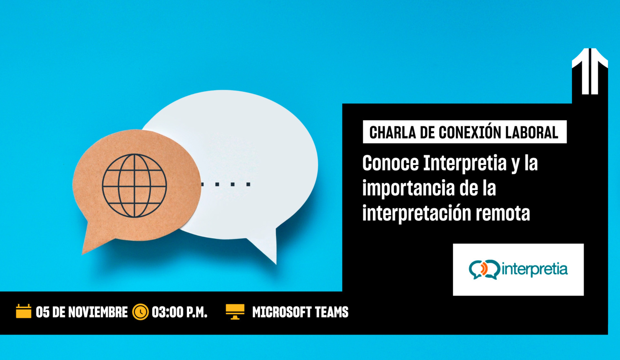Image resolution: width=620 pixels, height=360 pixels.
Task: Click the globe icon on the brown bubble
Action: tap(134, 186)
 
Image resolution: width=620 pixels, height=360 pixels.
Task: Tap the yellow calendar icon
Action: tap(23, 311)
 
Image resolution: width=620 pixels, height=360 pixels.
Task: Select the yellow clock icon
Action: tap(140, 312)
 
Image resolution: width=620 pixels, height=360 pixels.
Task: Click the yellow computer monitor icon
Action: tap(235, 311)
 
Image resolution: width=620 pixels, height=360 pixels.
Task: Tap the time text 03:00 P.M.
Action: tap(180, 312)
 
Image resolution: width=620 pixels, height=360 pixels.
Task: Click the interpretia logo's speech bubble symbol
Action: tap(484, 269)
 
